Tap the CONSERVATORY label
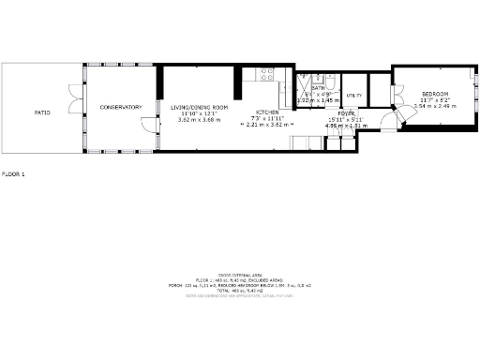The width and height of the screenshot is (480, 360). point(120,107)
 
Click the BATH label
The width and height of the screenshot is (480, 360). point(318,88)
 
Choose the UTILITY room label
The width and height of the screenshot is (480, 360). point(354,96)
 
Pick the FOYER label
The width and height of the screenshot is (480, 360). point(334,112)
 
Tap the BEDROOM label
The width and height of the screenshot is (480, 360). point(435,95)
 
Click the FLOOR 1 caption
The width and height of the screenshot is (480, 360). point(13,174)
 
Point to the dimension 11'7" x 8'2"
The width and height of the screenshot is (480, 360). point(435,100)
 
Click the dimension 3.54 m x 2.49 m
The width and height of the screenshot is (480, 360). point(435,107)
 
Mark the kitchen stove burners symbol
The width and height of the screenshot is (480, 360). point(267,73)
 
